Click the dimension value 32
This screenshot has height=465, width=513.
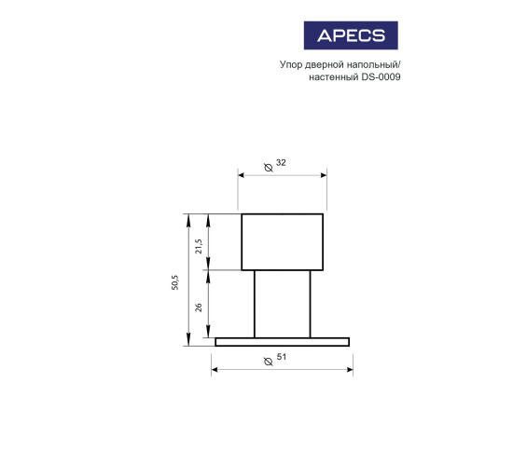[281, 163]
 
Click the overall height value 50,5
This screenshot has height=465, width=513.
[175, 283]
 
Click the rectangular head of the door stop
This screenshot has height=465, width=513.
[283, 241]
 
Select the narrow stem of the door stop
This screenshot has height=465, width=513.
[283, 304]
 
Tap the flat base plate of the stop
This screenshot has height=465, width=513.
[283, 342]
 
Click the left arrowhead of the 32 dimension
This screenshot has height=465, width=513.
[242, 173]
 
